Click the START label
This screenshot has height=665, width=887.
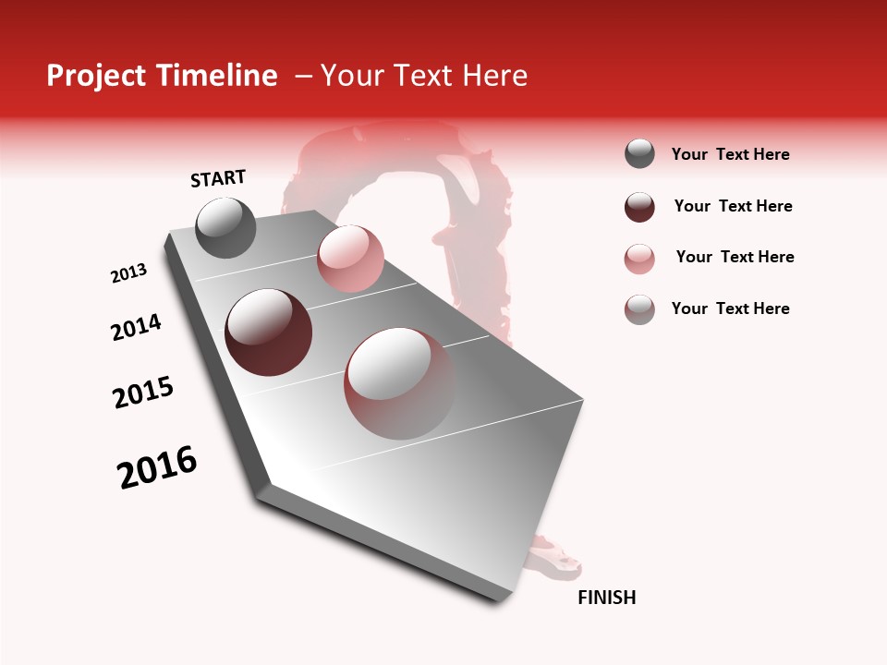tap(218, 178)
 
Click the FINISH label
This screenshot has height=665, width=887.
tap(606, 598)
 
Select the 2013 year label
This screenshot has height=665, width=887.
tap(128, 273)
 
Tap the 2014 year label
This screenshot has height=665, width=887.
tap(136, 327)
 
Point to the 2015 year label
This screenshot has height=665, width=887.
tap(142, 393)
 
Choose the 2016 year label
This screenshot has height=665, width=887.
tap(157, 467)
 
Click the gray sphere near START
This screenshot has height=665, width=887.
tap(225, 227)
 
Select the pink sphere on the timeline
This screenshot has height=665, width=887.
tap(349, 259)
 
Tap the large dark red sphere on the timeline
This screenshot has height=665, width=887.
tap(268, 332)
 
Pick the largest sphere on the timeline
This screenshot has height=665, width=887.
tap(399, 382)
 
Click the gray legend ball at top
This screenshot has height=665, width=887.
tap(639, 153)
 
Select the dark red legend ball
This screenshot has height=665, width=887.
tap(639, 207)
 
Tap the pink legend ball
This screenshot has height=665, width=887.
tap(639, 259)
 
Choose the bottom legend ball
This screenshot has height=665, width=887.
tap(639, 309)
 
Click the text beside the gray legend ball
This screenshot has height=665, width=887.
tap(730, 154)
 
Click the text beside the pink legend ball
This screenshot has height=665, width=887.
tap(735, 257)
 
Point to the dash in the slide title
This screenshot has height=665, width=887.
tap(303, 76)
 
